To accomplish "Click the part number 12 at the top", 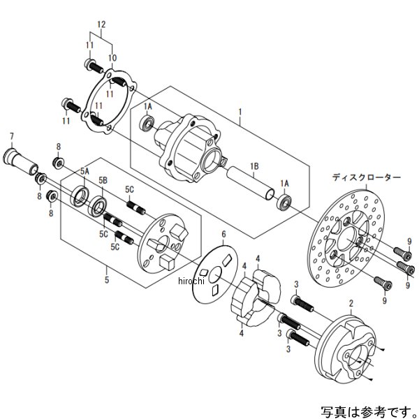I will [x=101, y=25].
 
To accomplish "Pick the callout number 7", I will [x=12, y=134].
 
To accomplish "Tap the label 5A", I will [x=84, y=171].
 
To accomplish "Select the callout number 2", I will [x=351, y=302].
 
